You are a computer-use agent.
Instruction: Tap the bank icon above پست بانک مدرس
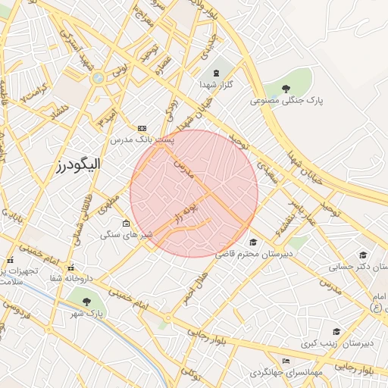pos(142,128)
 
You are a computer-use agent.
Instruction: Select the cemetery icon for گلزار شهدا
pos(217,73)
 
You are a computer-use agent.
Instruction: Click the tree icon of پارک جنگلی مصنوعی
pos(286,89)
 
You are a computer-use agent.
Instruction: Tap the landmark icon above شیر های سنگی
pos(126,224)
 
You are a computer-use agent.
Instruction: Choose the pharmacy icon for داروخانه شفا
pos(70,268)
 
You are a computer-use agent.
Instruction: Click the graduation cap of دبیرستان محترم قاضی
pos(252,242)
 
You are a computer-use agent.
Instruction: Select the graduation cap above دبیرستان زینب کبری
pos(336,331)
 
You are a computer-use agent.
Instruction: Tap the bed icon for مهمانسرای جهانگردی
pos(285,361)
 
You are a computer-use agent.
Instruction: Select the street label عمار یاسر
pos(301,211)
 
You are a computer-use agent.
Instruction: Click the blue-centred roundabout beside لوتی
pos(98,77)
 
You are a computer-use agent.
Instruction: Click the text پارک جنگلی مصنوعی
pos(287,100)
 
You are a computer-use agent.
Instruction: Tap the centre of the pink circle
pos(194,193)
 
